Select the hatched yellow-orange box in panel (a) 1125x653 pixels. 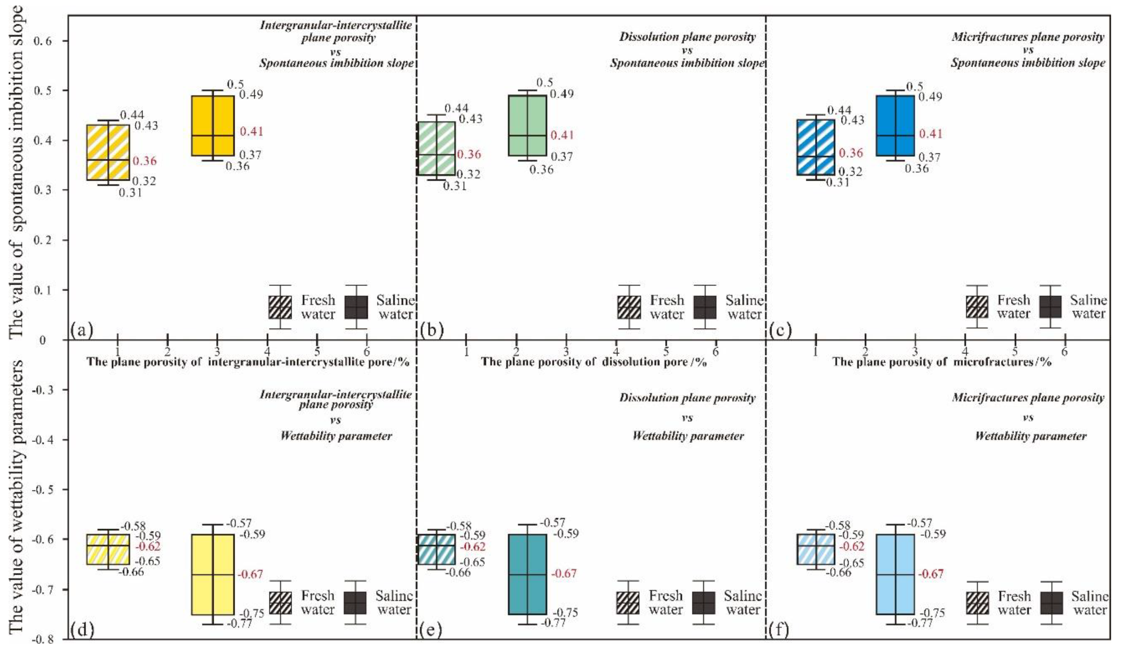click(108, 152)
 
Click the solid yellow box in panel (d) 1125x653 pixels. click(213, 574)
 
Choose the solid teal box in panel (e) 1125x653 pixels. click(527, 574)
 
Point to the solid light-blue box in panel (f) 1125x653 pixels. click(895, 574)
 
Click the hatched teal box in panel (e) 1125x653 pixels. click(436, 549)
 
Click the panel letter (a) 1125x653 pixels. click(82, 331)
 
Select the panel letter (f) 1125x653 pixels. click(779, 630)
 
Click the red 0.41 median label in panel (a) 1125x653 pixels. click(251, 132)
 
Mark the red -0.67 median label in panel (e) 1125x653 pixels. click(565, 574)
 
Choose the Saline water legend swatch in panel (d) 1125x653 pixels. click(355, 603)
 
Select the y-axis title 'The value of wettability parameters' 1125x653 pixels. click(16, 496)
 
